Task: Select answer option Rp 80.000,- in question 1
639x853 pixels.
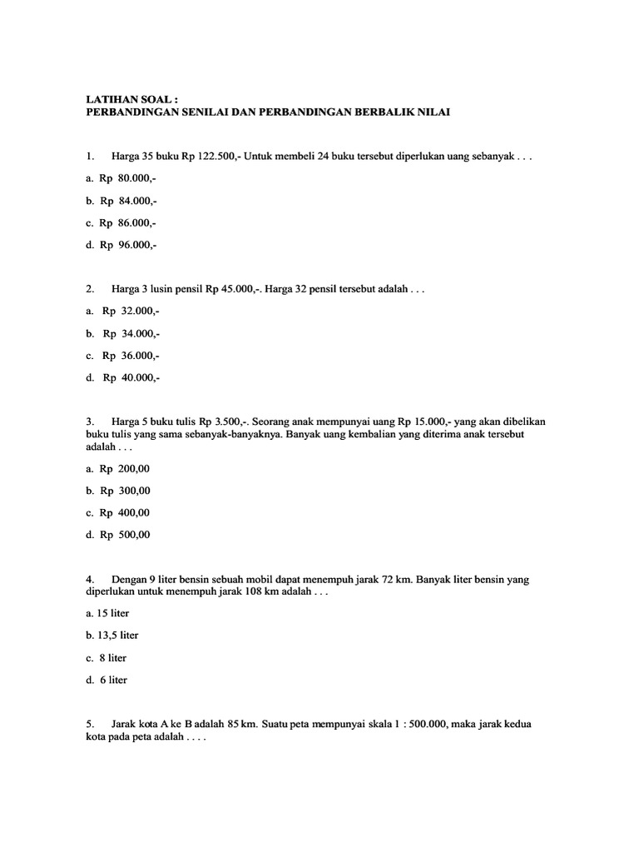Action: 121,178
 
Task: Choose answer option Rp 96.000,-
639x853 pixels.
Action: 121,245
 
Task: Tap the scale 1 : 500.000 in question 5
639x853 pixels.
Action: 410,724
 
